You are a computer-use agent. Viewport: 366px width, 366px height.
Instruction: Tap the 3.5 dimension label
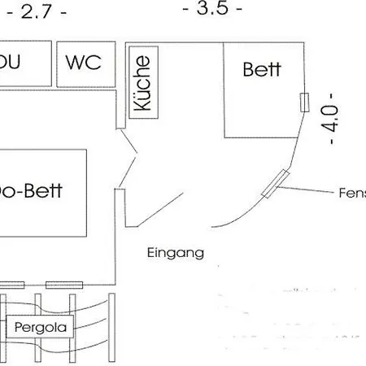(212, 9)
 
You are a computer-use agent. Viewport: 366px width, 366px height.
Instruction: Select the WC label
(84, 63)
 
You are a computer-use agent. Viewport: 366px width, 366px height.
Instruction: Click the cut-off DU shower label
(10, 63)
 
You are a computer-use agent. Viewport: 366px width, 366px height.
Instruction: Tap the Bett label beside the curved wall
(262, 69)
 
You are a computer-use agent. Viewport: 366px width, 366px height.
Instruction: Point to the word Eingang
(175, 252)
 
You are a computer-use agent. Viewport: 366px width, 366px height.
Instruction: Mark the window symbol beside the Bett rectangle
(304, 102)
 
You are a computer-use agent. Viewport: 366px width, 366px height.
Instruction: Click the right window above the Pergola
(64, 285)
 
